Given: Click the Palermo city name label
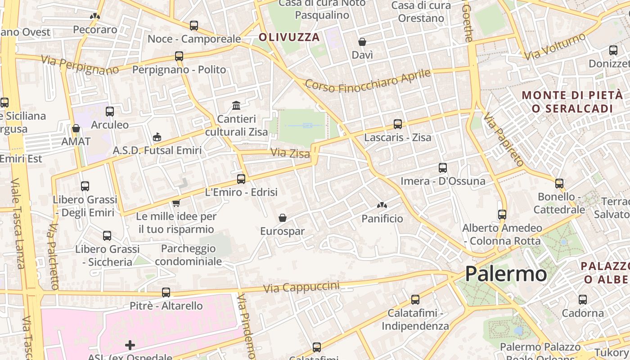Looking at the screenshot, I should [x=506, y=274].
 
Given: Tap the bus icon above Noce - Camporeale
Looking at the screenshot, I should [x=194, y=26].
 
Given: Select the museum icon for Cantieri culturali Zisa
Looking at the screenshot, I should [x=236, y=106].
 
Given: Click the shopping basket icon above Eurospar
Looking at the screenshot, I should [x=283, y=218].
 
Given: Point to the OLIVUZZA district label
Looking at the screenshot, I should [x=289, y=37].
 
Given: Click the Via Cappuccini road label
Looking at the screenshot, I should [x=301, y=287].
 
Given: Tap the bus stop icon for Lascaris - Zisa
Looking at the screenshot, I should [x=398, y=124].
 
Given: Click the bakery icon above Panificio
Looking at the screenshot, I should [x=382, y=206].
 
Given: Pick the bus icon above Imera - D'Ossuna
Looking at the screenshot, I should [x=443, y=168].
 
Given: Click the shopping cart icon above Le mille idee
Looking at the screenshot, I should [x=176, y=203].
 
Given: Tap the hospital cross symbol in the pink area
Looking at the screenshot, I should [x=130, y=345].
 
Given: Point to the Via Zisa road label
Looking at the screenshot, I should [x=290, y=153].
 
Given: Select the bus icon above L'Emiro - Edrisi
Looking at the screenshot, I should [x=241, y=179].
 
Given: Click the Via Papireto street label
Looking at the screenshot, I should [x=503, y=139].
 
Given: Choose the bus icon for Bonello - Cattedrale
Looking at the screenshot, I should [x=559, y=184].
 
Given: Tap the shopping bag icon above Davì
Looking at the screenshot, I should [x=362, y=42].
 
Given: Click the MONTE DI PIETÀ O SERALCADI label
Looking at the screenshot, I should [x=572, y=102].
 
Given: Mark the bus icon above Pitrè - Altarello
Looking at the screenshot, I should [x=166, y=292].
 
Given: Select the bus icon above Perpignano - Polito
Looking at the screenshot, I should [x=179, y=56].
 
